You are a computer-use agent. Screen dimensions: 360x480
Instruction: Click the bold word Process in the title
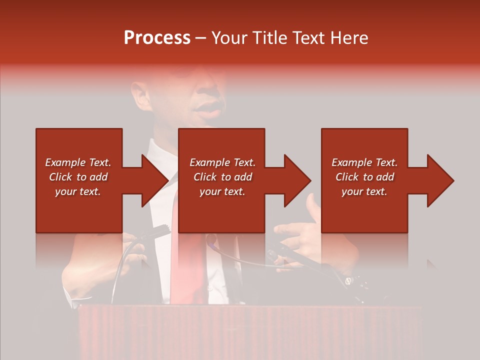157,38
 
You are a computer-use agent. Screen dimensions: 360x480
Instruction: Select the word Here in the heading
349,38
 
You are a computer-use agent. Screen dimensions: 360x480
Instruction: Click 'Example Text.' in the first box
78,162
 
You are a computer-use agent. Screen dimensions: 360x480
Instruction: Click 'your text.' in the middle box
222,191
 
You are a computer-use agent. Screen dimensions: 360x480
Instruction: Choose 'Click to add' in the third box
364,177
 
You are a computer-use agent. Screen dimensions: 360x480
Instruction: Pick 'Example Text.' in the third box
364,162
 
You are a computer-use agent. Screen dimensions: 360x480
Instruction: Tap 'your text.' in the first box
78,191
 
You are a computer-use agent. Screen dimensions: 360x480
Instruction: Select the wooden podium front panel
250,332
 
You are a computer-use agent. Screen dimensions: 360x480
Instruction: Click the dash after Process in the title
201,38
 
